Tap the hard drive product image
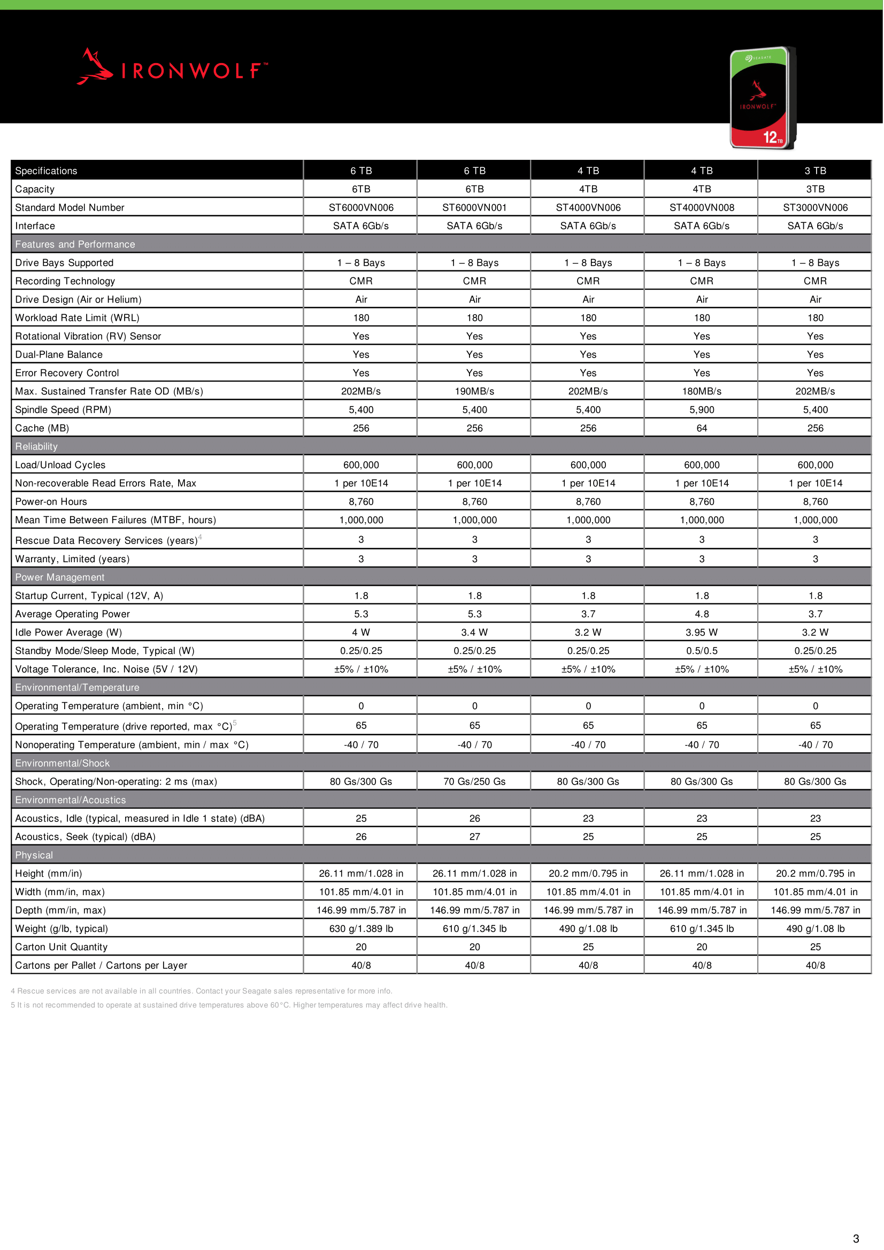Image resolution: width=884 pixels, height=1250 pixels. click(x=763, y=98)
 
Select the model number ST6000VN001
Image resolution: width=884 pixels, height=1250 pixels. click(x=474, y=207)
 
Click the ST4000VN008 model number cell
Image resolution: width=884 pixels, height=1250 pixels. click(x=702, y=207)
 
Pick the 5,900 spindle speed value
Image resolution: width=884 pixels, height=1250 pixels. click(x=702, y=410)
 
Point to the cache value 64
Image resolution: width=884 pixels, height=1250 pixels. click(x=702, y=429)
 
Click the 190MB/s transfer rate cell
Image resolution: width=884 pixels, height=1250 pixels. click(x=474, y=391)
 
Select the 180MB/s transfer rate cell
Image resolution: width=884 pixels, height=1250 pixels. click(x=702, y=391)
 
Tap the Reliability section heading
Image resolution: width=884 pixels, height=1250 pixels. click(x=36, y=446)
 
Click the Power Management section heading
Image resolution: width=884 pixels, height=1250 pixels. click(x=60, y=577)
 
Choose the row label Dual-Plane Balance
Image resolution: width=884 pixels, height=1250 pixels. click(x=59, y=354)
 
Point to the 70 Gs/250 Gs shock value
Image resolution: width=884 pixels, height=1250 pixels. click(x=474, y=782)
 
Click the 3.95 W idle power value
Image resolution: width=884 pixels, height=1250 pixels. click(x=702, y=633)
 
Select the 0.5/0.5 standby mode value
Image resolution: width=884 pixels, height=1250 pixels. click(x=702, y=651)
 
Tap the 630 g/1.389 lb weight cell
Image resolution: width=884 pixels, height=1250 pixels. click(x=361, y=929)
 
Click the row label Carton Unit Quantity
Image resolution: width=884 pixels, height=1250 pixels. click(x=62, y=948)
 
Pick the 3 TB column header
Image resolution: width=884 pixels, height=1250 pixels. click(x=816, y=171)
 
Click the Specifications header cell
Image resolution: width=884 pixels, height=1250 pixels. click(x=47, y=171)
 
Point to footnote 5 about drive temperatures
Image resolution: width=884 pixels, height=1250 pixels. click(x=229, y=1005)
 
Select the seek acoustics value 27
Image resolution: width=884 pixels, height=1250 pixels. click(x=474, y=837)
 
